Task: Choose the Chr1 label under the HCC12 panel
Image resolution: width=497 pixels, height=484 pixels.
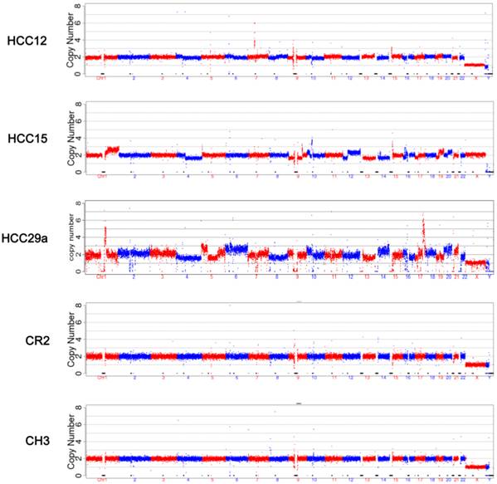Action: click(x=101, y=78)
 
